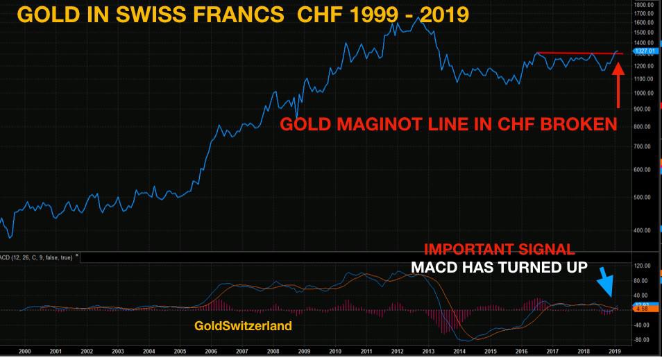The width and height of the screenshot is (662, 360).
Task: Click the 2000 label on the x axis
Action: coord(24,352)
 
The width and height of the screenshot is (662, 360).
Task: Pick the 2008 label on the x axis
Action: coord(274,352)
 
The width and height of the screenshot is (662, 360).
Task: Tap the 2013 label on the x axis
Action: coord(429,352)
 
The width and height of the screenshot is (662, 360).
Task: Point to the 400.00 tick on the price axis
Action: coord(645,230)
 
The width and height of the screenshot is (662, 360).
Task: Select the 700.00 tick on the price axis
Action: coord(645,146)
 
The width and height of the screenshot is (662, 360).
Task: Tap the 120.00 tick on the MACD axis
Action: coord(645,266)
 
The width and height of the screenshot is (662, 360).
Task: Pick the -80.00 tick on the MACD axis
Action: coord(645,340)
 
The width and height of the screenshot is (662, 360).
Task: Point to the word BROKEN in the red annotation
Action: coord(582,125)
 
